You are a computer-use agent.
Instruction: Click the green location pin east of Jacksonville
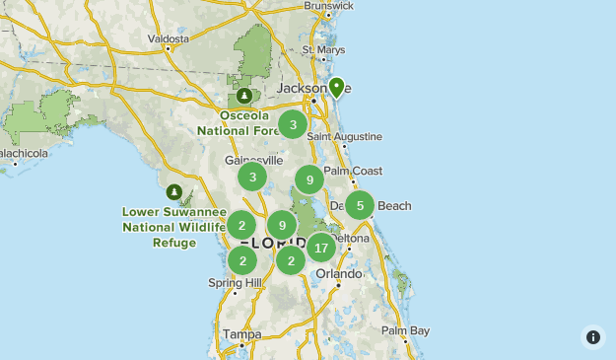tap(336, 88)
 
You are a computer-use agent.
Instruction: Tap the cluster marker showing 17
tap(320, 248)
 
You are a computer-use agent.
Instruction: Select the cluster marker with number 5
tap(360, 205)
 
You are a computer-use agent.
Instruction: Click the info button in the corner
tap(593, 337)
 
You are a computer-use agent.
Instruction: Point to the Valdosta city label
tap(168, 38)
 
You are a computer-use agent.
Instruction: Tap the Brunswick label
tap(328, 6)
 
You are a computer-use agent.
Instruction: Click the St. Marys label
tap(322, 49)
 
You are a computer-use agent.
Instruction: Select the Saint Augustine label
tap(344, 136)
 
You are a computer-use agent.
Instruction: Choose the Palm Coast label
tap(353, 171)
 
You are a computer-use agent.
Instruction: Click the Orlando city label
tap(339, 273)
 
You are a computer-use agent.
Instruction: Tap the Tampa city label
tap(241, 334)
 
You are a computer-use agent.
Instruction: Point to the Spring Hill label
tap(235, 283)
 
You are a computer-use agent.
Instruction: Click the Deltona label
tap(350, 239)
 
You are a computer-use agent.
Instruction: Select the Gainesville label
tap(253, 160)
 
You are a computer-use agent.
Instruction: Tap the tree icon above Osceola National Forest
tap(243, 97)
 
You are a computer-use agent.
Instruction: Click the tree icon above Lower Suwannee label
tap(174, 191)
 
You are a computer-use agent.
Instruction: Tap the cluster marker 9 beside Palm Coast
tap(309, 180)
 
